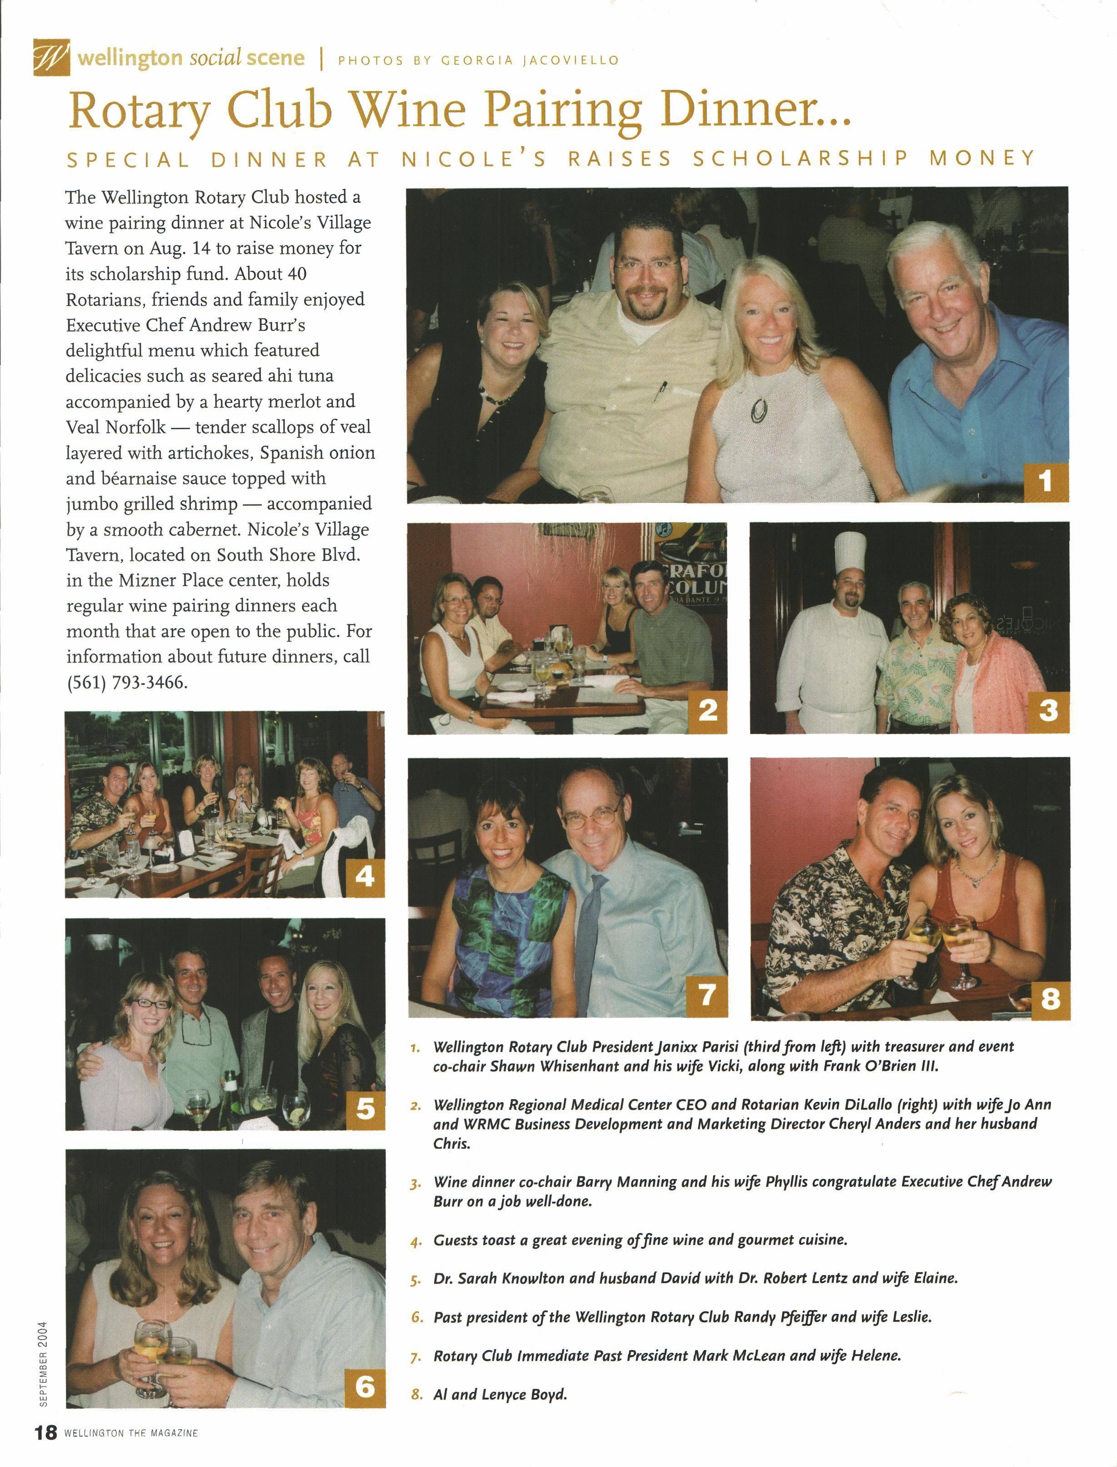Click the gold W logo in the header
pos(51,58)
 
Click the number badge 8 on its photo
pos(1049,1000)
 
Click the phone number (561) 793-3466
pos(126,683)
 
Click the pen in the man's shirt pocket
pos(658,390)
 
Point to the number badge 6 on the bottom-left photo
pos(365,1387)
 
